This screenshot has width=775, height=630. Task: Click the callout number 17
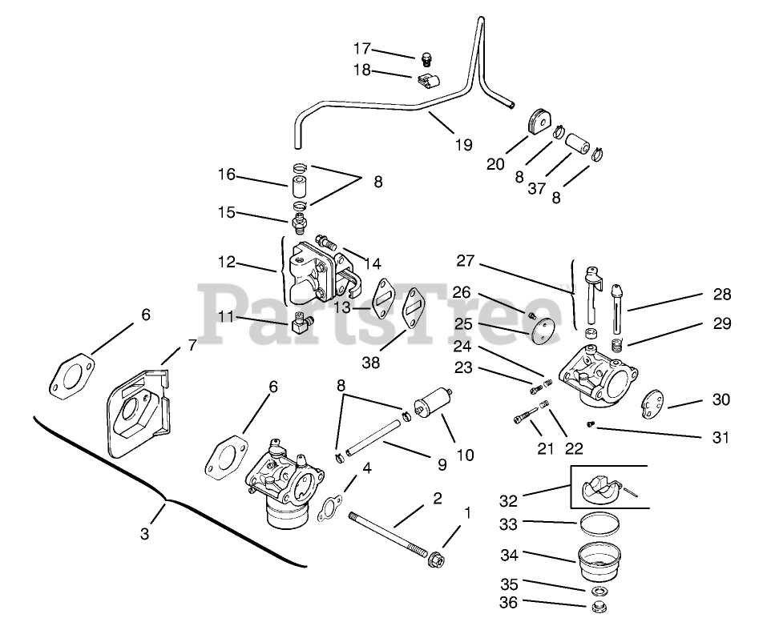coord(363,48)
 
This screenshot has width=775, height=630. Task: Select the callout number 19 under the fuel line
coord(462,145)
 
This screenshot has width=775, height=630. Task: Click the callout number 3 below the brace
coord(144,534)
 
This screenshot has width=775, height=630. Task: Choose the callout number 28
coord(722,295)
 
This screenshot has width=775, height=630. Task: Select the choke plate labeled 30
coord(655,404)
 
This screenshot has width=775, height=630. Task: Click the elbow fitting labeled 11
coord(301,324)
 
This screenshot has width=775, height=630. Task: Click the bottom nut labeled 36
coord(595,608)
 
